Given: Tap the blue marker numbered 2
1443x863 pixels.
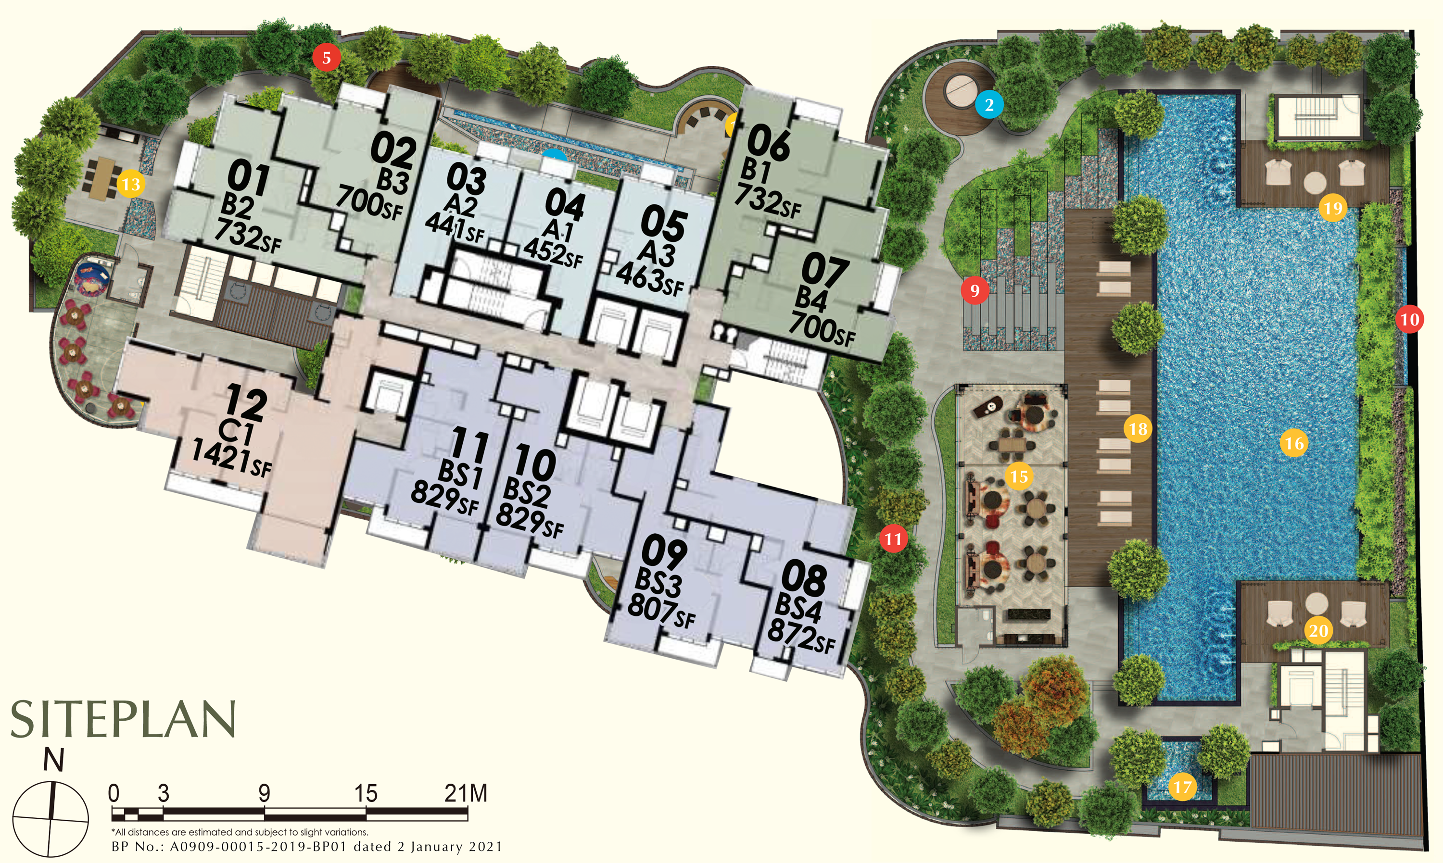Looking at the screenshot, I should (x=989, y=105).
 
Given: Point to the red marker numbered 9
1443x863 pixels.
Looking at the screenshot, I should (x=975, y=290).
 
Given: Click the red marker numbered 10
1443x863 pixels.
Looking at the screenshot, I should (x=1409, y=319).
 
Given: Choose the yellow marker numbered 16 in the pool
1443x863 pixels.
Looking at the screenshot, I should (x=1294, y=444).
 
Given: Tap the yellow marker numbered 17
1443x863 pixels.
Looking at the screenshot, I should (x=1182, y=788).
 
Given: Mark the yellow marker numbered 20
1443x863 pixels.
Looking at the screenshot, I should (x=1318, y=631).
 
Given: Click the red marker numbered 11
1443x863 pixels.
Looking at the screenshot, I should (x=893, y=539).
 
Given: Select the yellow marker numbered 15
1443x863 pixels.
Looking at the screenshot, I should (x=1018, y=477).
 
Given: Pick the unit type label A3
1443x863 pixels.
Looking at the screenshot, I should (x=656, y=253).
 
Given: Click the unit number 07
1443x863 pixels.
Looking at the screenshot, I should (x=825, y=271).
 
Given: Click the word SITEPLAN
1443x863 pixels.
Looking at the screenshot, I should (x=123, y=719).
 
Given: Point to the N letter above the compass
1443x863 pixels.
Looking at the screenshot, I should (x=53, y=760).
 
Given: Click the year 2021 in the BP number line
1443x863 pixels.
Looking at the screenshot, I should (x=484, y=847).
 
